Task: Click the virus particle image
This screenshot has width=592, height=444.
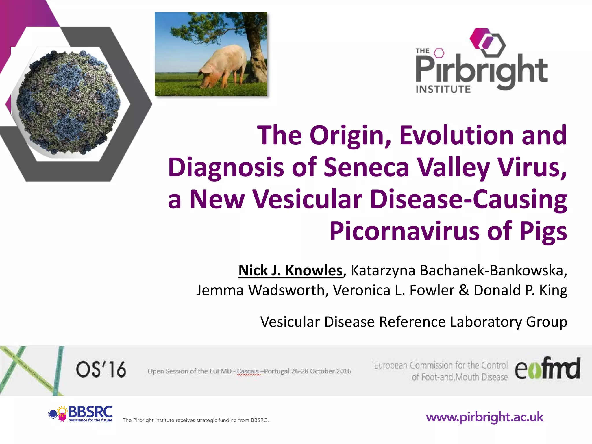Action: [x=68, y=103]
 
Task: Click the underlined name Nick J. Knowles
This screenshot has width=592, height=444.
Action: [x=290, y=271]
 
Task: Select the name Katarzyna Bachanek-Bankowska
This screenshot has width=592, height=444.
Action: [x=458, y=271]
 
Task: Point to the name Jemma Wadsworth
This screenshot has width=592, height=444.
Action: [x=260, y=290]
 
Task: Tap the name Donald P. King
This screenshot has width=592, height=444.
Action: [x=520, y=290]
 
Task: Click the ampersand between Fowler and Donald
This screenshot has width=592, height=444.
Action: [x=464, y=290]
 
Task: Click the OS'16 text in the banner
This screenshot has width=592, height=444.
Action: [x=101, y=369]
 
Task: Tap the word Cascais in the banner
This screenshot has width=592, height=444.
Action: [x=248, y=371]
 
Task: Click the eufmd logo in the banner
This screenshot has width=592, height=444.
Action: [x=547, y=369]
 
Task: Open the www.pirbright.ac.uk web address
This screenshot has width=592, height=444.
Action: [x=485, y=417]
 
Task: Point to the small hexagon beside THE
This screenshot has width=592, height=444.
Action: [x=439, y=53]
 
